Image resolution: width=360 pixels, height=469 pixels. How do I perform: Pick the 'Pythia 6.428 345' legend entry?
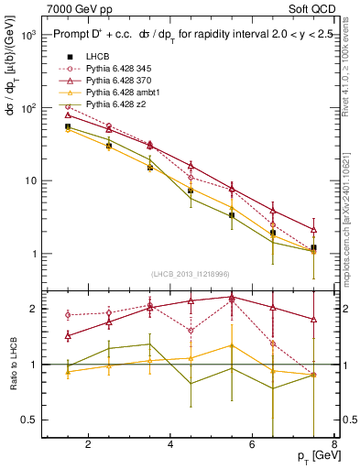tap(120, 70)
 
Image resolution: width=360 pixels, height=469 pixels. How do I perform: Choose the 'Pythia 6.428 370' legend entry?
tap(120, 82)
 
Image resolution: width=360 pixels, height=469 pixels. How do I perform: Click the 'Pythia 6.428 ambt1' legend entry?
tap(123, 93)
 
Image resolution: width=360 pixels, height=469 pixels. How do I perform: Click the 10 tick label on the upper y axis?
tap(30, 180)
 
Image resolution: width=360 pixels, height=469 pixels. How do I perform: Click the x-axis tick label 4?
tap(171, 446)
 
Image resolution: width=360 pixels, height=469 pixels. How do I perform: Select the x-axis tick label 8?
tap(336, 446)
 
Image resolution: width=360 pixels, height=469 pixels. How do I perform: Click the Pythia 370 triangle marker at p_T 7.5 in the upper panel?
tap(314, 230)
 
